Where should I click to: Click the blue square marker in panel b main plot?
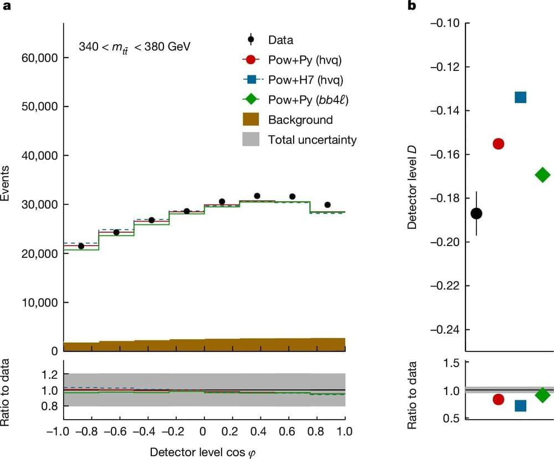click(520, 98)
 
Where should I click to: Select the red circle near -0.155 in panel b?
click(498, 144)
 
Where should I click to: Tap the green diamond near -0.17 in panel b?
click(542, 175)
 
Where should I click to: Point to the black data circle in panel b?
click(476, 213)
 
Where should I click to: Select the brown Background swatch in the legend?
click(251, 120)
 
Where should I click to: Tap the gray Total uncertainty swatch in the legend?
click(251, 140)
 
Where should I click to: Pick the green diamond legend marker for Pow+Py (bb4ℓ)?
click(251, 100)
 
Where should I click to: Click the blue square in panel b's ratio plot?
click(520, 406)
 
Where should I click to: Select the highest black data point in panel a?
click(257, 196)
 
